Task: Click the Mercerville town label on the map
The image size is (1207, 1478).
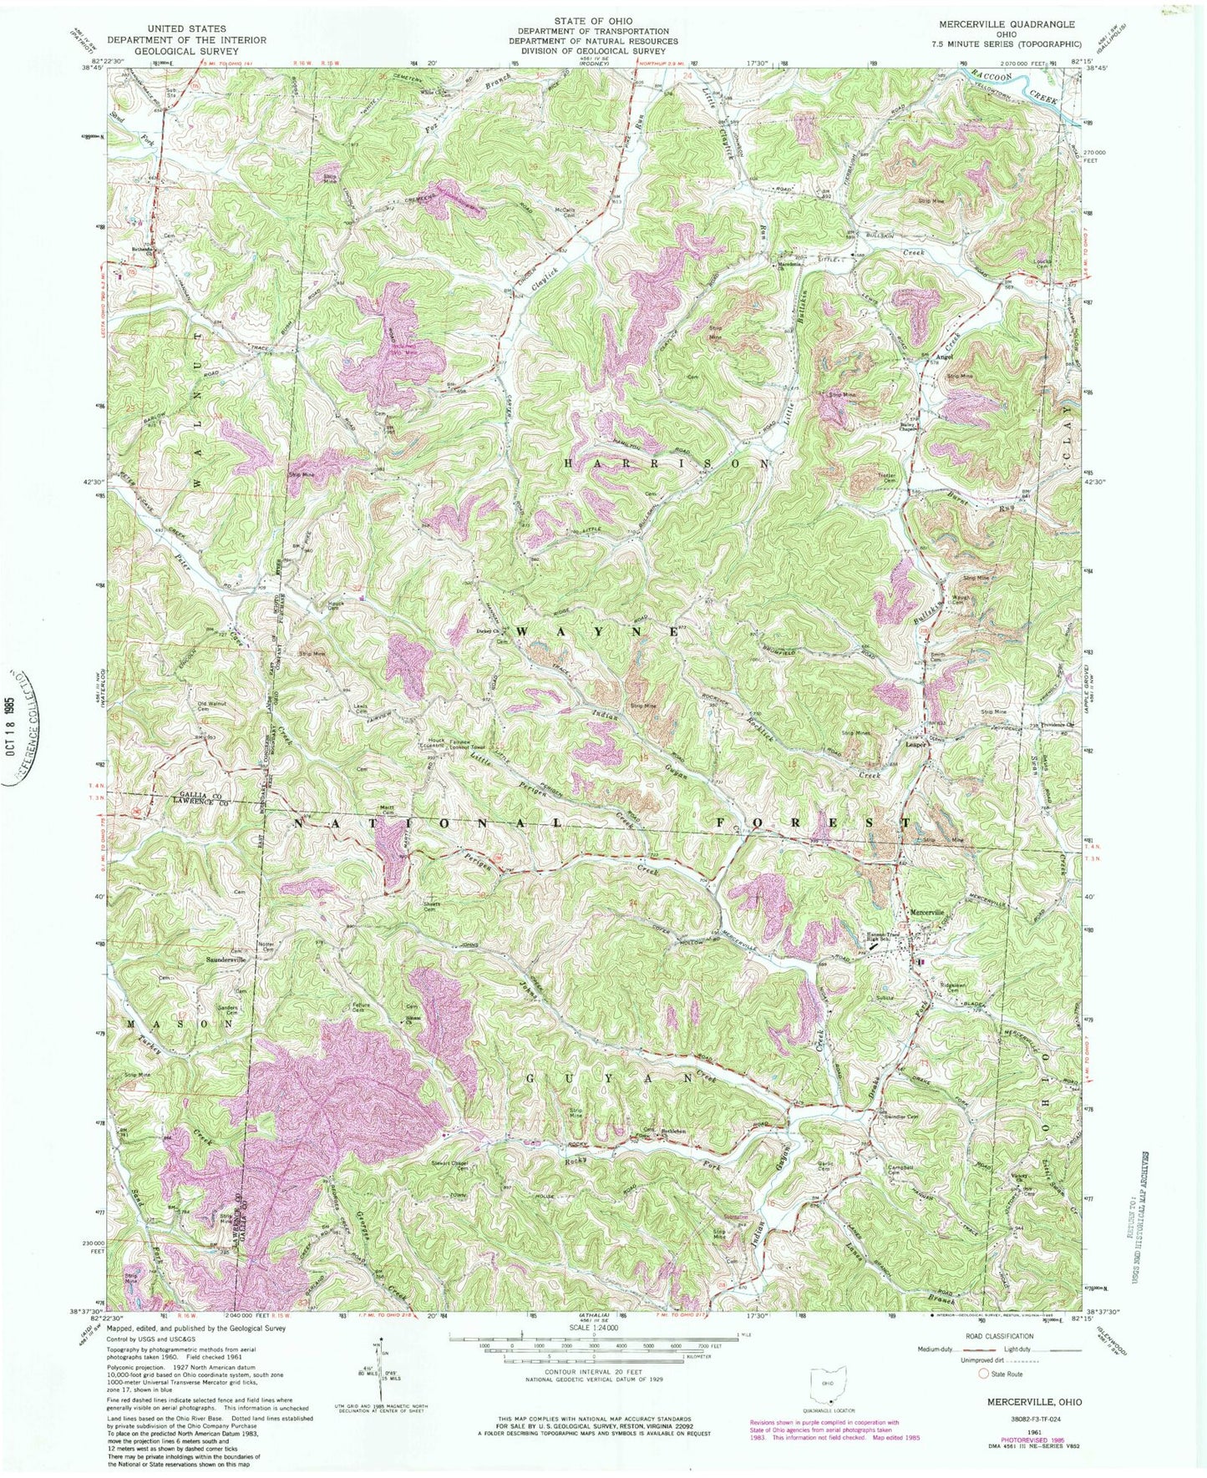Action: point(926,913)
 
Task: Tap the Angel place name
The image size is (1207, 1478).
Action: point(944,357)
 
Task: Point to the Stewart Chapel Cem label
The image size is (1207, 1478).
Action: point(464,1167)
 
